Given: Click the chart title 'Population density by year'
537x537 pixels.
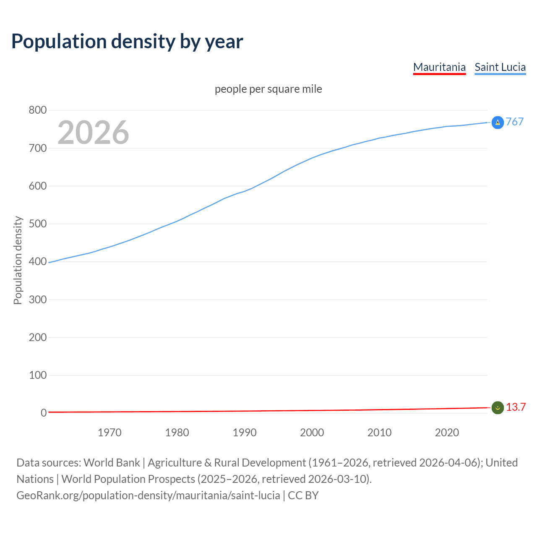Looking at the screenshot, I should [x=127, y=42].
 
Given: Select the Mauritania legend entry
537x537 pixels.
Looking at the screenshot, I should [x=439, y=67].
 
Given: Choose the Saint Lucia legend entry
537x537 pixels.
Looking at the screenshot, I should [x=500, y=67].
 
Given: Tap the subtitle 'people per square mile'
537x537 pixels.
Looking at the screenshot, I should [x=268, y=89].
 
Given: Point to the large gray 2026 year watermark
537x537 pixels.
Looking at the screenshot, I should [x=93, y=133].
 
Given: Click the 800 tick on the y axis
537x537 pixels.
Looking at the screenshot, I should [x=37, y=110].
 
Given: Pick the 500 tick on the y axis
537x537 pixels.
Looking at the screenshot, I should [x=37, y=224].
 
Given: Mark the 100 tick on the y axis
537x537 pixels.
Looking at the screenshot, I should [x=37, y=375].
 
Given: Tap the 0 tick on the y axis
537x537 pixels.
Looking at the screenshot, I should [x=43, y=413].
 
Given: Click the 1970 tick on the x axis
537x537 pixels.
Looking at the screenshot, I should [x=109, y=433].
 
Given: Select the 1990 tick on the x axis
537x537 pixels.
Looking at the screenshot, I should [x=245, y=433].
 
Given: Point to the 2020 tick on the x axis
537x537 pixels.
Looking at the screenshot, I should [x=447, y=433].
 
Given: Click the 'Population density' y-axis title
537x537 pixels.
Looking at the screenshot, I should [x=18, y=260].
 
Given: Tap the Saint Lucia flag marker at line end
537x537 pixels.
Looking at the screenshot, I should [x=498, y=123].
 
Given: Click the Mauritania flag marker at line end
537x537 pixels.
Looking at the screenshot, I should [x=498, y=407].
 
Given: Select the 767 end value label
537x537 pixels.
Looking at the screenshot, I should [x=515, y=122].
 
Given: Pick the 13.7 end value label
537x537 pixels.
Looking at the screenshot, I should [x=516, y=407].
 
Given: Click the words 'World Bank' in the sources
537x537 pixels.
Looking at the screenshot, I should [x=112, y=463].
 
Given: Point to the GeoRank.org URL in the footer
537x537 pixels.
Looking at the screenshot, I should [x=148, y=495].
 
